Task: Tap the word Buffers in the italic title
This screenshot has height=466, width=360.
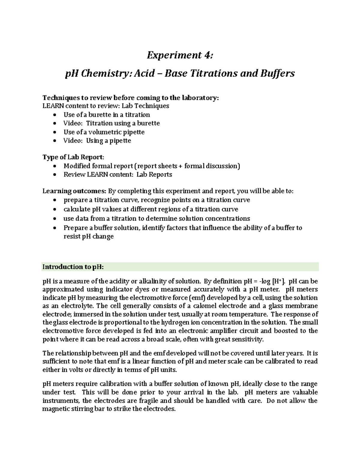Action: tap(277, 73)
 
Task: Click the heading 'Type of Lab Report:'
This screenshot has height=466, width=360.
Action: tap(73, 157)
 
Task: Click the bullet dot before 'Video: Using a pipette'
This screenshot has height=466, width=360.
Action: tap(54, 141)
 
